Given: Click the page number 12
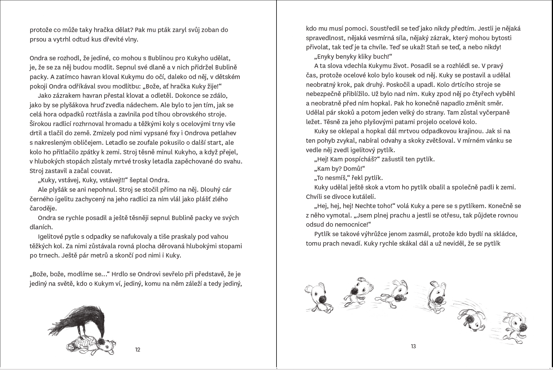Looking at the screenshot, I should click(x=138, y=349).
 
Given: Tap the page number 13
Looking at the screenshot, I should click(x=413, y=346).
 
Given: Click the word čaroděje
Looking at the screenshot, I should click(x=43, y=208).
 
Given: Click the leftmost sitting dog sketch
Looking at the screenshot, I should click(x=318, y=298).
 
